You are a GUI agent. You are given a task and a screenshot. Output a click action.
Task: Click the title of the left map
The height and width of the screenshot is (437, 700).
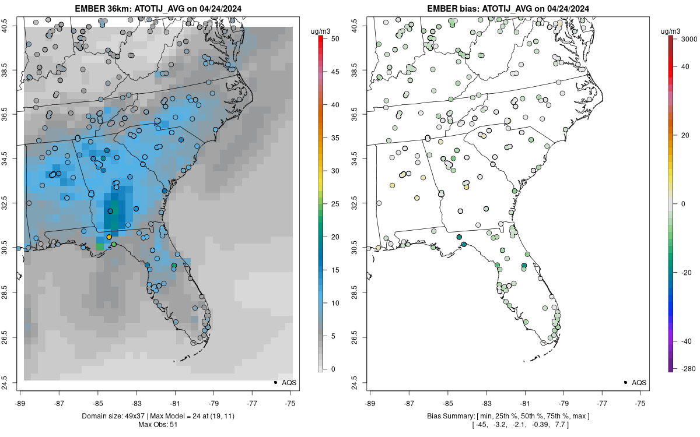pos(158,9)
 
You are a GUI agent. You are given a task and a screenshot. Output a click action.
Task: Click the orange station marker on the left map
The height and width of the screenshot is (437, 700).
pos(109,237)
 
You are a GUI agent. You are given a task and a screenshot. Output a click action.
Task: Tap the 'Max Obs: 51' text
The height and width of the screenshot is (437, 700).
pos(158,425)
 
